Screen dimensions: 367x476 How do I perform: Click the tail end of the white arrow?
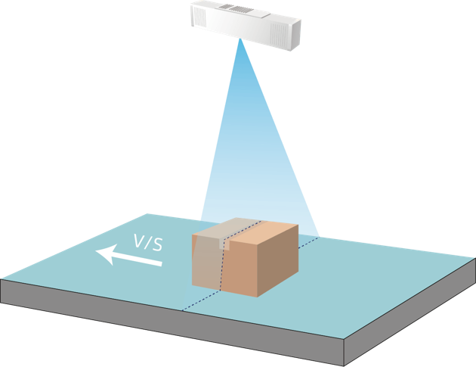pos(159,263)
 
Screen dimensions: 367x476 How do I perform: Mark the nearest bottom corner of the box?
pos(258,295)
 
